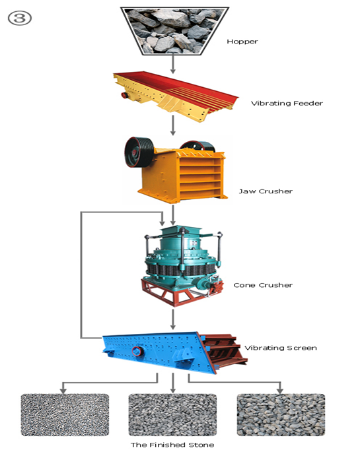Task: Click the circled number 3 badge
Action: [19, 18]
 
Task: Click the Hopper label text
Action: [242, 42]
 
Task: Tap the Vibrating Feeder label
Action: [287, 103]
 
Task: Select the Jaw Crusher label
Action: [266, 191]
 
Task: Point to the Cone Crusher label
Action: [263, 285]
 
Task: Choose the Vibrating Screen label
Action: [280, 348]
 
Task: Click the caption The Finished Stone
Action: [172, 445]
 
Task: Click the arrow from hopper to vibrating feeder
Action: [173, 64]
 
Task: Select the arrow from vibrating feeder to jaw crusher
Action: [173, 125]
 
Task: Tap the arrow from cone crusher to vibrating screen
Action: [173, 319]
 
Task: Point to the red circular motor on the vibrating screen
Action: [137, 351]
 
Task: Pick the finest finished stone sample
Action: [65, 414]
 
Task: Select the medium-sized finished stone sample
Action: [173, 414]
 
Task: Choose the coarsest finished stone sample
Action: [281, 414]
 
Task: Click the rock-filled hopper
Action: [174, 31]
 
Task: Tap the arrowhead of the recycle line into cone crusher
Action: [162, 223]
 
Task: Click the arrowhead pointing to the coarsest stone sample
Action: [280, 391]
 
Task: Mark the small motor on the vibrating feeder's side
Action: [126, 94]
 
